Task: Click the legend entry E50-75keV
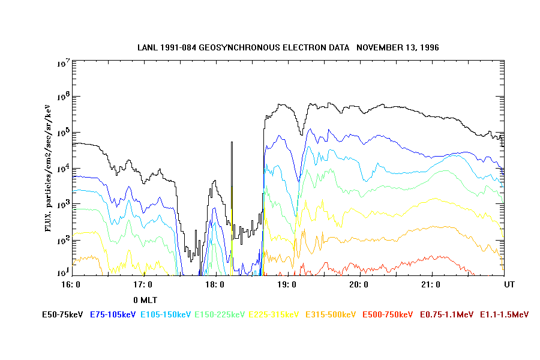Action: pos(63,314)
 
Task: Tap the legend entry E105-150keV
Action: pos(163,314)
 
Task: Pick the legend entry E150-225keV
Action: pos(218,314)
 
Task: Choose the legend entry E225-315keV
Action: pos(274,314)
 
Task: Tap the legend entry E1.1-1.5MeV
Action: pos(505,314)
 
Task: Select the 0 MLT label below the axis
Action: pos(145,299)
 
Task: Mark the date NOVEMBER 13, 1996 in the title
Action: pos(397,47)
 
